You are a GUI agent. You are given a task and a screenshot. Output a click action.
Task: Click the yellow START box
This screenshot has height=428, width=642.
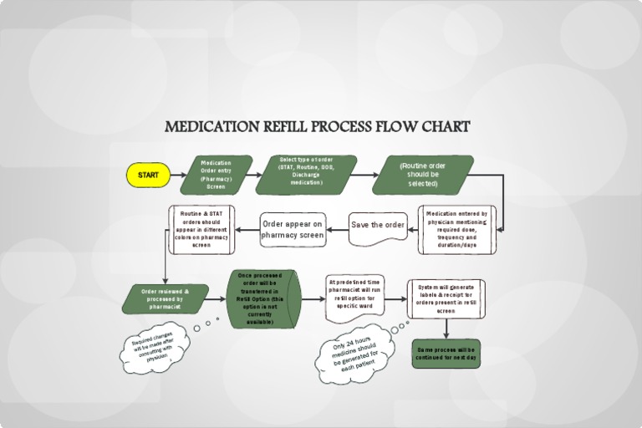pyautogui.click(x=147, y=175)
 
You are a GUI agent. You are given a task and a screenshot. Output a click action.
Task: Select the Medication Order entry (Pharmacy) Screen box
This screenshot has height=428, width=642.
pyautogui.click(x=217, y=175)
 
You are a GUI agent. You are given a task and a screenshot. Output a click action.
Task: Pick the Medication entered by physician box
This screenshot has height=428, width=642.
pyautogui.click(x=456, y=229)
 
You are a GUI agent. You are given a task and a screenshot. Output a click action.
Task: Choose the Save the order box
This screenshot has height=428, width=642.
pyautogui.click(x=378, y=227)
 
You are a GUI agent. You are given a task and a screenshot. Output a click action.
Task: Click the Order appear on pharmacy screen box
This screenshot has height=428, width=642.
pyautogui.click(x=293, y=229)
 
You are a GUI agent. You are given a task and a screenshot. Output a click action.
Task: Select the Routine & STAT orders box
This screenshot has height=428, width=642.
pyautogui.click(x=201, y=229)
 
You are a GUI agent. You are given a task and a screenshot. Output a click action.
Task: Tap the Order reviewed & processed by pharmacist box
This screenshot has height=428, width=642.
pyautogui.click(x=166, y=299)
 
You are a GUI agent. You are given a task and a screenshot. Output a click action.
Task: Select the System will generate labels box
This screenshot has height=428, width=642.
pyautogui.click(x=446, y=298)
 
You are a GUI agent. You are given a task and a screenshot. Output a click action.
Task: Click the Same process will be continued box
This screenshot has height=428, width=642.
pyautogui.click(x=446, y=353)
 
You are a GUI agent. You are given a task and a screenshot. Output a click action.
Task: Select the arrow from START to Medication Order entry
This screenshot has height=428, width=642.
pyautogui.click(x=178, y=175)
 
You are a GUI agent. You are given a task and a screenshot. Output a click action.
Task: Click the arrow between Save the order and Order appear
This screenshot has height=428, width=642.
pyautogui.click(x=337, y=227)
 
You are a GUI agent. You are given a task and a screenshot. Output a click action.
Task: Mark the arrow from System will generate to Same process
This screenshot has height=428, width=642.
pyautogui.click(x=446, y=329)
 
